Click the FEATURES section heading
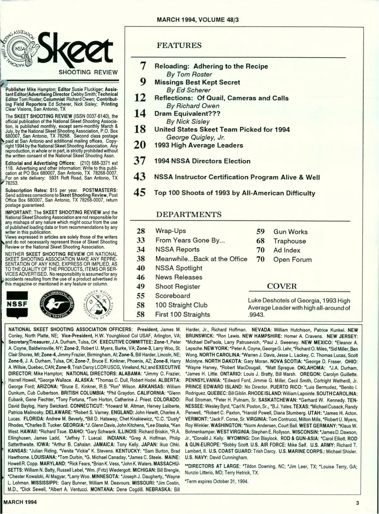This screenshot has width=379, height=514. [x=179, y=45]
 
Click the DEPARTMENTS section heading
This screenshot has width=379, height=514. [x=189, y=214]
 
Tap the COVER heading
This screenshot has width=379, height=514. [x=282, y=286]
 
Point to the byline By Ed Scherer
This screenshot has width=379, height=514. [x=188, y=90]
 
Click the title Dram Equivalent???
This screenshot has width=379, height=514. [x=187, y=114]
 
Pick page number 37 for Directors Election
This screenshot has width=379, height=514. [x=140, y=161]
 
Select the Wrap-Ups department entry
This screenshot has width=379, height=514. [x=171, y=231]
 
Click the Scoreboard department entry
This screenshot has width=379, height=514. [x=172, y=296]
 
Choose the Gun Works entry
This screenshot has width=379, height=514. [x=290, y=232]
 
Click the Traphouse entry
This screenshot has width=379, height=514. [x=290, y=241]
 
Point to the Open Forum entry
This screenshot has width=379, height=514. [x=292, y=260]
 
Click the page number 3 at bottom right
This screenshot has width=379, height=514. [x=357, y=503]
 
